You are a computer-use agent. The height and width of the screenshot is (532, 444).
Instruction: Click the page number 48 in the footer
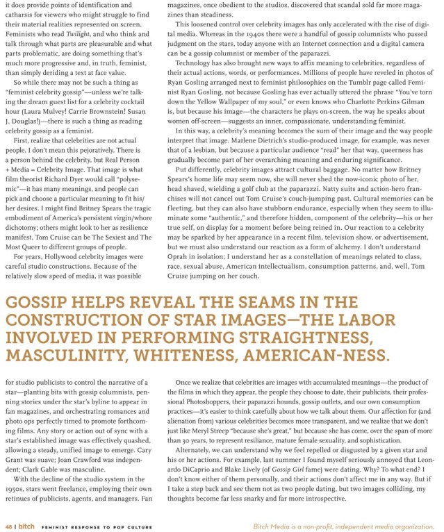(x=9, y=526)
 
